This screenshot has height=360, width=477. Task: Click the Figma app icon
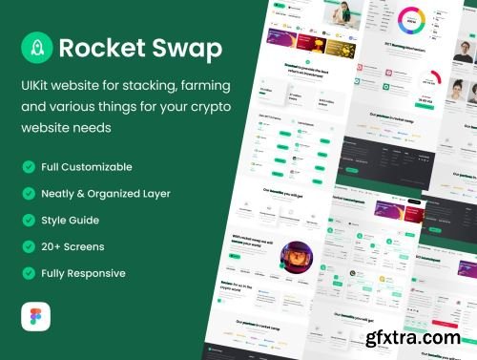point(34,317)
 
